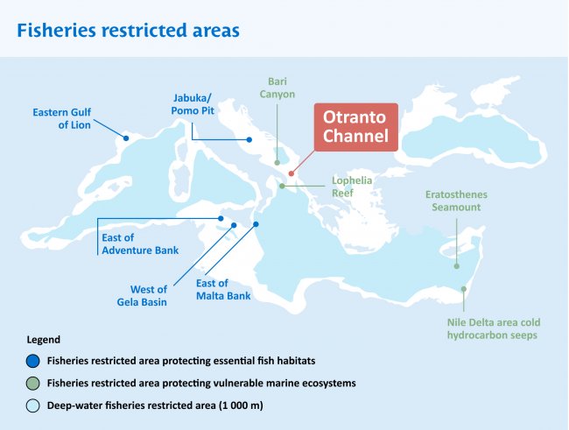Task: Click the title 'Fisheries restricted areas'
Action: point(128,30)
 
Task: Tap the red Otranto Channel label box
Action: point(356,127)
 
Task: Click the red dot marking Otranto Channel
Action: point(291,173)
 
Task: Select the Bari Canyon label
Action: point(277,88)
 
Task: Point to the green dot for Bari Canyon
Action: point(277,163)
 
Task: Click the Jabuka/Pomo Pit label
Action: point(193,104)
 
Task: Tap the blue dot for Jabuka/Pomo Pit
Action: point(249,139)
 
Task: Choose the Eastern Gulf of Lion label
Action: point(61,118)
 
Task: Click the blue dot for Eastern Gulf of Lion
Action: point(126,138)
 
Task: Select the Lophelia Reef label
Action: point(352,187)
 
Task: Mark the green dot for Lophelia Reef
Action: point(282,186)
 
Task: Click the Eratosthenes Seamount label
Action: point(456,201)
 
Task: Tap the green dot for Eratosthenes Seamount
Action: point(456,266)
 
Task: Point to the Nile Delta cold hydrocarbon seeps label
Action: point(494,328)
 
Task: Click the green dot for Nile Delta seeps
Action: point(464,289)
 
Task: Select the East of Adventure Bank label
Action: point(140,244)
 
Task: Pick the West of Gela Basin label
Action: point(142,296)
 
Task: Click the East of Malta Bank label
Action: point(223,290)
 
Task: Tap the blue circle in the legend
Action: point(32,362)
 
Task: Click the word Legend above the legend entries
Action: point(44,340)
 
